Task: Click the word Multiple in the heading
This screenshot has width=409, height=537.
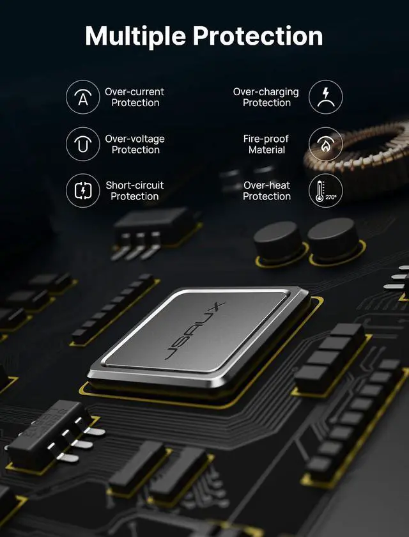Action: coord(135,36)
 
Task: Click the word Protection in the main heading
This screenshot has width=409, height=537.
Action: coord(258,36)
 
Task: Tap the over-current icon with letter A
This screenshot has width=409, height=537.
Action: coord(83,97)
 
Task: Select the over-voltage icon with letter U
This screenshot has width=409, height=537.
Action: coord(83,144)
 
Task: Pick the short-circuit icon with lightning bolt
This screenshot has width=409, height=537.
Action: coord(83,191)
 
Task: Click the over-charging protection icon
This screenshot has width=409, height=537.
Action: coord(325,97)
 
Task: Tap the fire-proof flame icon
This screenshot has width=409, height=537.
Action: coord(325,144)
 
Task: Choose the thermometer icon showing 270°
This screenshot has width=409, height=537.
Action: coord(325,191)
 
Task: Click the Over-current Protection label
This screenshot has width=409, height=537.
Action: coord(135,97)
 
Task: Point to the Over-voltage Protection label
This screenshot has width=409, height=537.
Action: coord(135,144)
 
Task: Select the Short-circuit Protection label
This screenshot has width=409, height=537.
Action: coord(135,191)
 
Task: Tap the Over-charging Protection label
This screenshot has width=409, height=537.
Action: coord(266,97)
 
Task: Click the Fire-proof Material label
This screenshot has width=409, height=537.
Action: coord(266,144)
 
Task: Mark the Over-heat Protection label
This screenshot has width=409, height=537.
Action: coord(266,191)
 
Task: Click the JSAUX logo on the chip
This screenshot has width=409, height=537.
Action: coord(195,331)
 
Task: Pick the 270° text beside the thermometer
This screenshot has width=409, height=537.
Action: coord(330,197)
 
